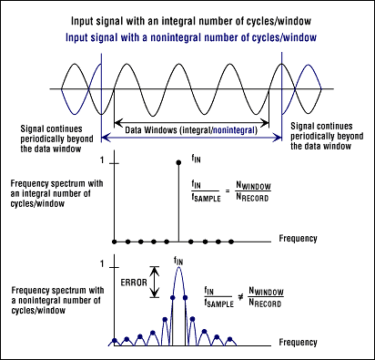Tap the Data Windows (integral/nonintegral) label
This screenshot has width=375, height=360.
(x=190, y=130)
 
